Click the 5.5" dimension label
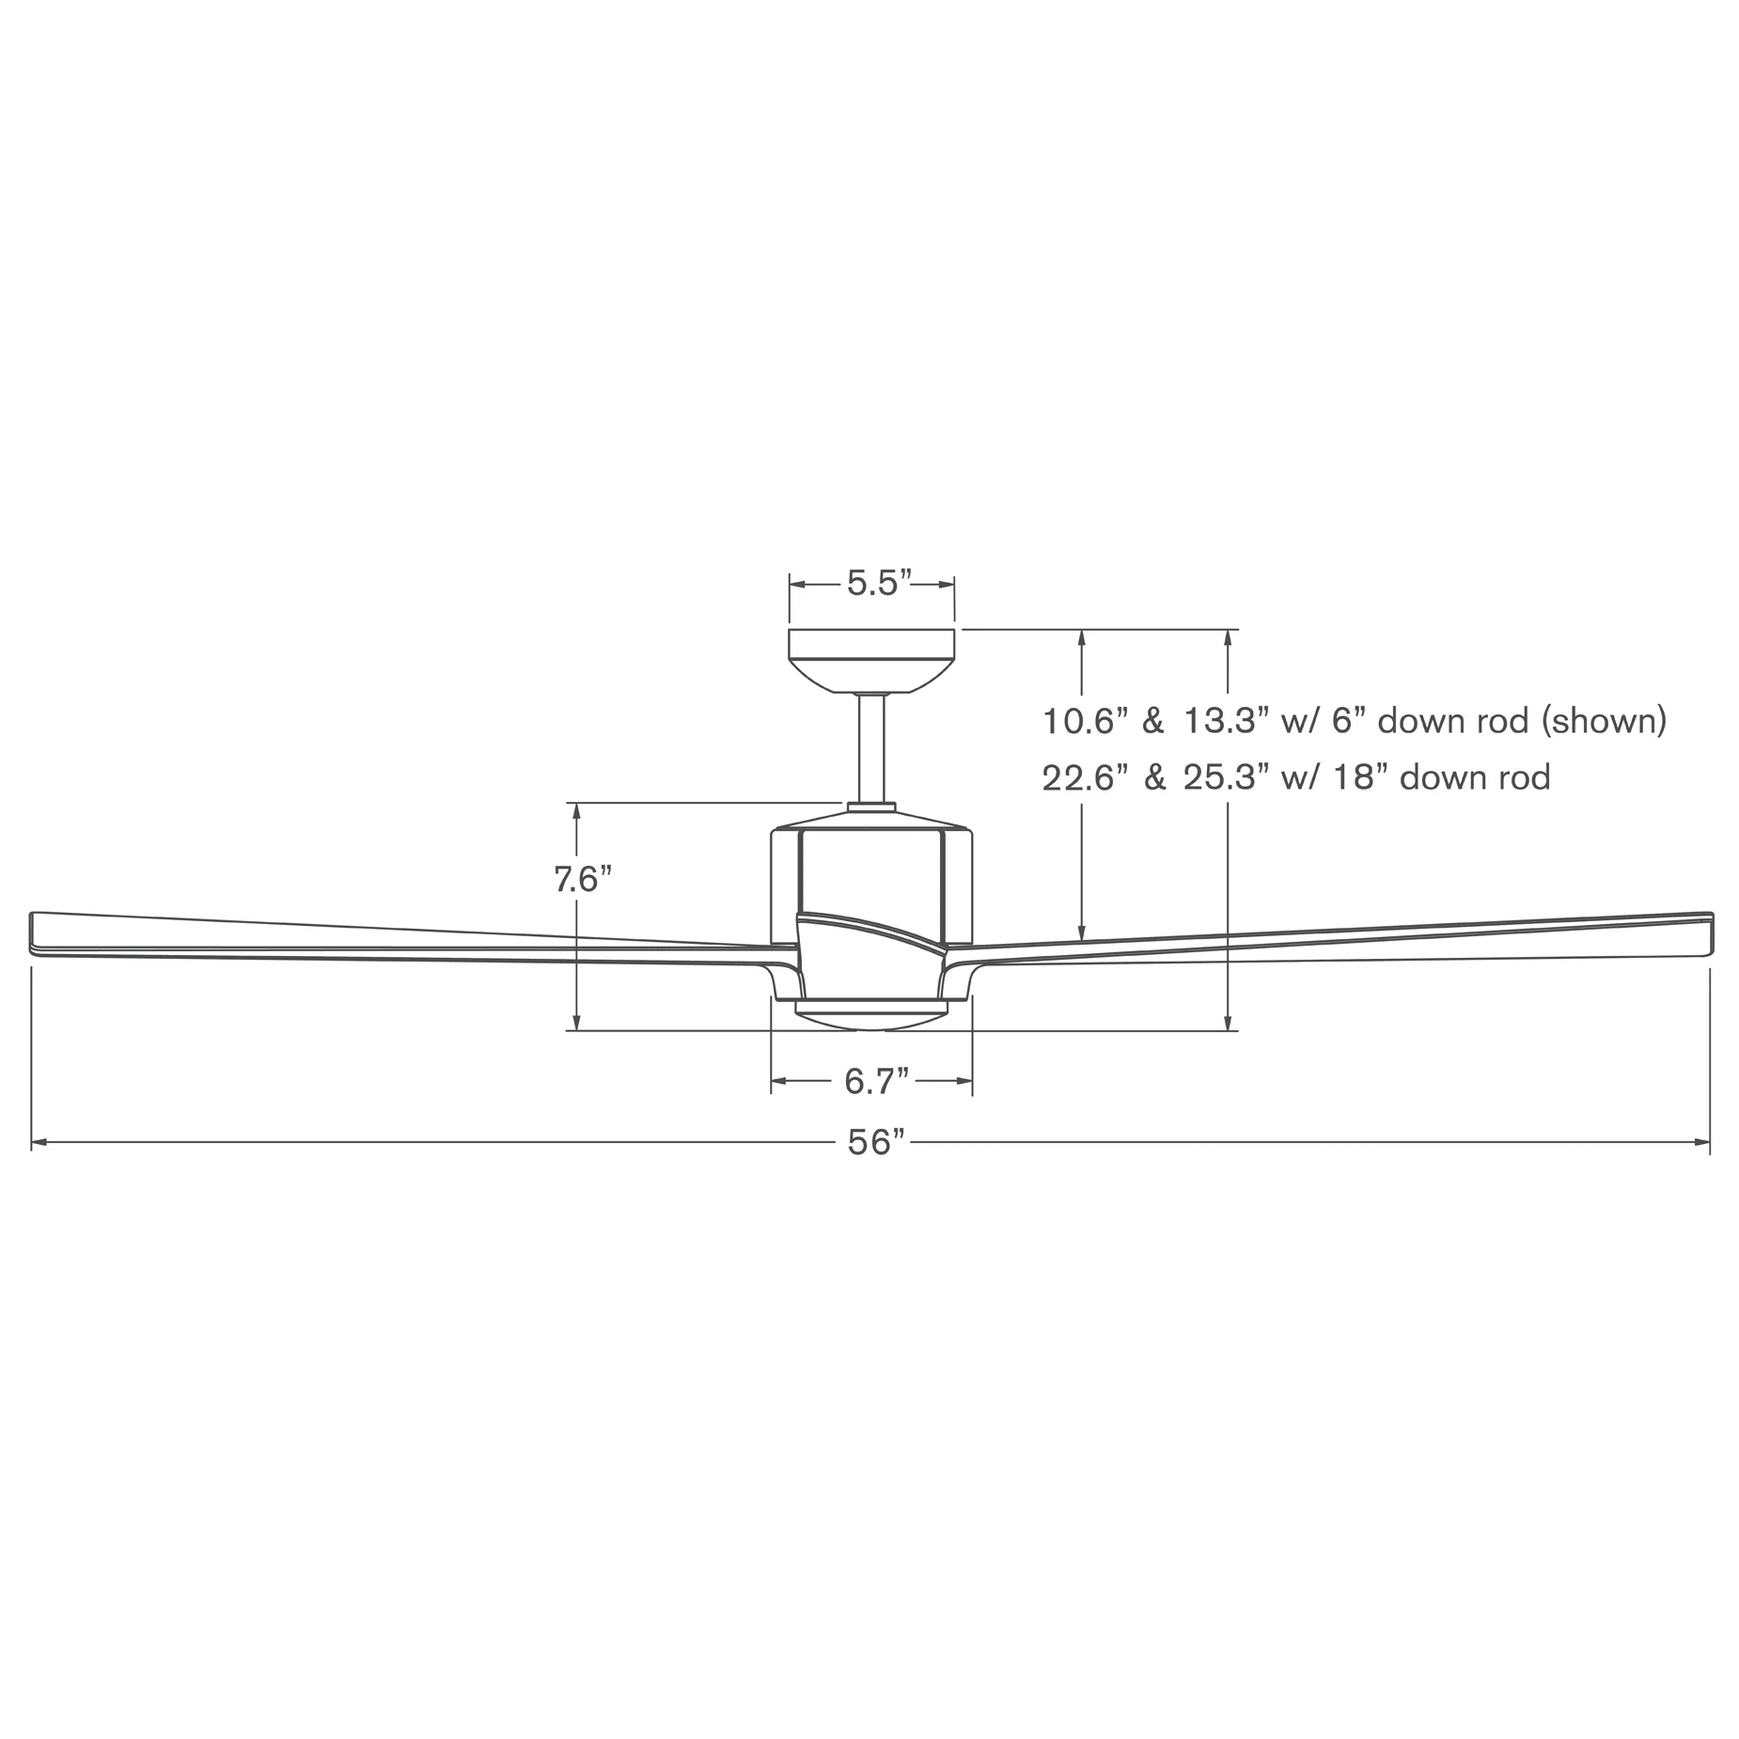pos(880,584)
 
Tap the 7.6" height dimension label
pos(583,880)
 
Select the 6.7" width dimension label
pos(877,1082)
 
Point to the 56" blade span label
pos(876,1143)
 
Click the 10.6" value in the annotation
pos(1085,722)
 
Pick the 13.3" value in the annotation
pos(1224,722)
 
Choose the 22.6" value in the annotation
pos(1085,778)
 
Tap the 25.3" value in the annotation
pos(1224,778)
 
